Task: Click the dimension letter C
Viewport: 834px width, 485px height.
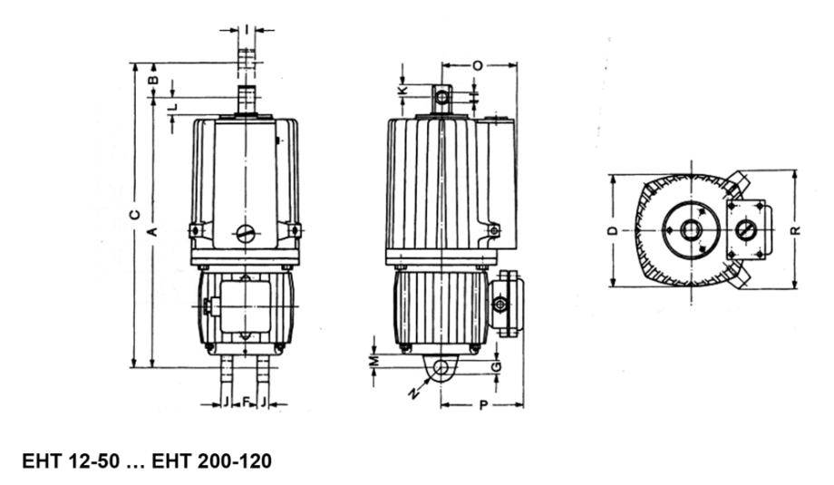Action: point(136,214)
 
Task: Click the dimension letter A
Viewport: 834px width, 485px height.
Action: point(152,232)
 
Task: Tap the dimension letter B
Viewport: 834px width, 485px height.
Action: point(153,81)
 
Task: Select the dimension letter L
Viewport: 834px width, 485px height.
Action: point(172,107)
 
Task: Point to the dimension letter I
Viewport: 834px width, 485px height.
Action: point(247,29)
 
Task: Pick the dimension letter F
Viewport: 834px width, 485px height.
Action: point(246,402)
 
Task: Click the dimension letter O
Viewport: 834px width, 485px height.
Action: point(478,65)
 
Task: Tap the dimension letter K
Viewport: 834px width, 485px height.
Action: point(403,90)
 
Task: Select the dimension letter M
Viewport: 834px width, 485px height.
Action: point(375,361)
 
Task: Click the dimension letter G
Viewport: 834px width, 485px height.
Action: point(496,366)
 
